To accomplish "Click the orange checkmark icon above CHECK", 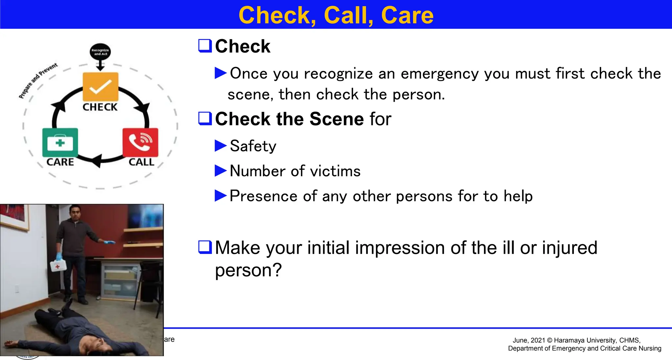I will [100, 86].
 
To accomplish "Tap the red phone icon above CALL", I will [140, 142].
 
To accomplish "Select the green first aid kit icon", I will [60, 142].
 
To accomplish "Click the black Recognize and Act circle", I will [100, 52].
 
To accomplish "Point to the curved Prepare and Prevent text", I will [37, 80].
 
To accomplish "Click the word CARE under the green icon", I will [60, 162].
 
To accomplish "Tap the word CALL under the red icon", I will [141, 162].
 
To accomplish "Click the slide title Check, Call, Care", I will [336, 15].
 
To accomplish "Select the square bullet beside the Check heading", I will [205, 46].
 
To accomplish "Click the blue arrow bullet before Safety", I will [220, 146].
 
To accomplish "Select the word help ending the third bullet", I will [518, 196].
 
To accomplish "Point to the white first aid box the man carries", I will [58, 265].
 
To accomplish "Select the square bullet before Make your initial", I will [205, 247].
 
